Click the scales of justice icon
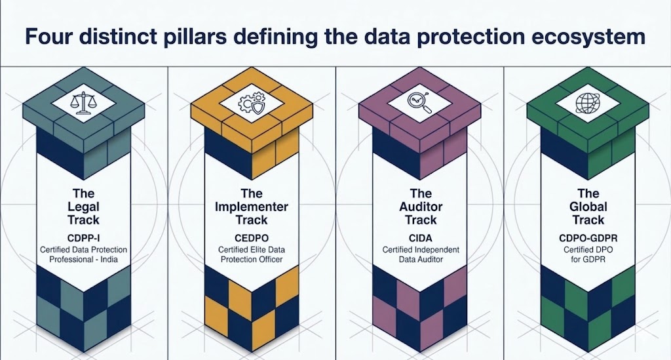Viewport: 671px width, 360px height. [83, 104]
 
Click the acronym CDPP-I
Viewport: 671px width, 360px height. [83, 238]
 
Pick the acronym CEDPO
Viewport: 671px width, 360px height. [252, 238]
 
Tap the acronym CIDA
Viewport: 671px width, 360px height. [421, 238]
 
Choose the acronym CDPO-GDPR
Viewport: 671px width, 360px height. [588, 238]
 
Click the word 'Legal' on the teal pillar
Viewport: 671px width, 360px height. [83, 207]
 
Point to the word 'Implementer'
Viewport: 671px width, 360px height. [252, 207]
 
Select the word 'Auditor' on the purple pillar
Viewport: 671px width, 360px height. [421, 207]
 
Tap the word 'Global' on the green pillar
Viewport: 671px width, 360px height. [588, 207]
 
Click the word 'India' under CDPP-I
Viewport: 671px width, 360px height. [109, 260]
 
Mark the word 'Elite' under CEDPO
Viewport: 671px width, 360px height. [261, 250]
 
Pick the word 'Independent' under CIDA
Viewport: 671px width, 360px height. [437, 250]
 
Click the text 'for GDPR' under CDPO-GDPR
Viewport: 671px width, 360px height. [588, 260]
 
